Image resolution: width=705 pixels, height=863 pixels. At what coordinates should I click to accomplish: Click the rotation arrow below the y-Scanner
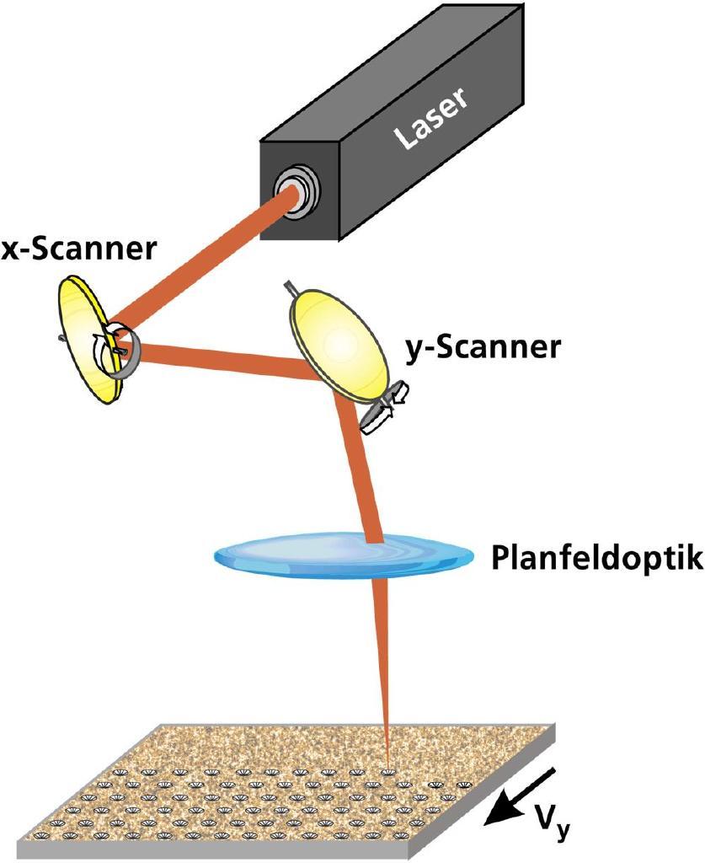383,409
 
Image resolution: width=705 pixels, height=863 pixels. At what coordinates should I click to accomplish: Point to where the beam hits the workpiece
387,768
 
